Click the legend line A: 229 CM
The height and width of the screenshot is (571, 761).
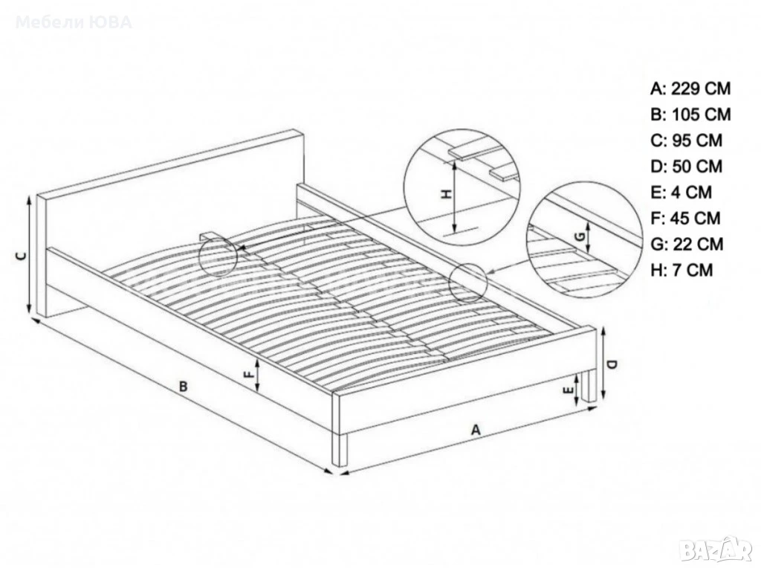690,88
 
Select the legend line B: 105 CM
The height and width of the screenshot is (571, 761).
690,114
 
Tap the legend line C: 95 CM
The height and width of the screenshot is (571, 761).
686,140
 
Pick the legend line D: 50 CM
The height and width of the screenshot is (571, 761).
686,166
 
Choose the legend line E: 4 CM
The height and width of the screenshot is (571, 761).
681,192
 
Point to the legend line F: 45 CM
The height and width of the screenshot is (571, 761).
685,218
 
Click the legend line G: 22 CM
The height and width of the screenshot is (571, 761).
687,244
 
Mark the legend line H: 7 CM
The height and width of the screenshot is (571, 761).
681,269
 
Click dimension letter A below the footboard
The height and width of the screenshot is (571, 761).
476,430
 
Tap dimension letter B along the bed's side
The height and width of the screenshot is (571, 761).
183,387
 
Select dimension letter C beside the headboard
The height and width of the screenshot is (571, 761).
20,257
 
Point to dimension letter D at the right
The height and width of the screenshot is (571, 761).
612,364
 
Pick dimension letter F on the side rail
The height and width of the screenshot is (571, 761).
248,375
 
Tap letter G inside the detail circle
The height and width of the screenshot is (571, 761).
579,236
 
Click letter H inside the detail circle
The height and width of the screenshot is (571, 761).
447,195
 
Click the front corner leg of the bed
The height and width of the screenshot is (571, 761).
340,450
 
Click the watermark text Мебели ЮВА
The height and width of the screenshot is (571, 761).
74,22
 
